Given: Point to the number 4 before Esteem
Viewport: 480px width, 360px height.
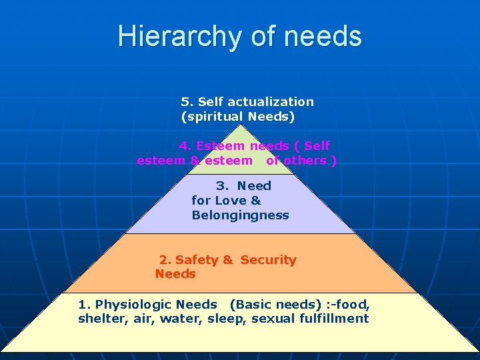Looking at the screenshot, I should click(183, 146).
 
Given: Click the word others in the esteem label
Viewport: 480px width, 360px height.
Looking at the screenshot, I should click(306, 160).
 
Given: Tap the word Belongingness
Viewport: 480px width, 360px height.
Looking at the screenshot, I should click(240, 215).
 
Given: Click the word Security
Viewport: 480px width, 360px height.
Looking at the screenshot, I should click(268, 260).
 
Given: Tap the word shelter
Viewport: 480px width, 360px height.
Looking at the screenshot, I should click(97, 319).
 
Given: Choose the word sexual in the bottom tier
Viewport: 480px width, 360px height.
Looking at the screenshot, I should click(273, 319).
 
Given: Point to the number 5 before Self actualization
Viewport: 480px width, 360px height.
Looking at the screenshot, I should click(185, 102).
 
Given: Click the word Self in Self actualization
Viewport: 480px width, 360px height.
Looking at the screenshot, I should click(210, 102).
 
